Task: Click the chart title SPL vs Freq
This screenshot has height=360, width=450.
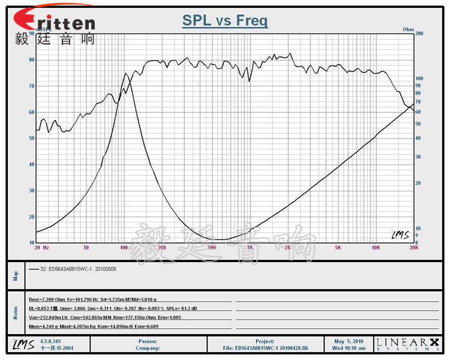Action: pyautogui.click(x=225, y=21)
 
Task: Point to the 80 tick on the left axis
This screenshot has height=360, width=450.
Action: pyautogui.click(x=31, y=60)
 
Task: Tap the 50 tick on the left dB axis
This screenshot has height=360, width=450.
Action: pyautogui.click(x=31, y=138)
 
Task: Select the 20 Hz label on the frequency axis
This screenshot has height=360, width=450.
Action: pyautogui.click(x=41, y=247)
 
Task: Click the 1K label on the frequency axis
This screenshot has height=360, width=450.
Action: pyautogui.click(x=250, y=247)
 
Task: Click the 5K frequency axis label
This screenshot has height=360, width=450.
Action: pyautogui.click(x=338, y=247)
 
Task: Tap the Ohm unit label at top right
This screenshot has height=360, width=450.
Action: pyautogui.click(x=408, y=29)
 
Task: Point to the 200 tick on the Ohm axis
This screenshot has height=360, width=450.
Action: pyautogui.click(x=419, y=34)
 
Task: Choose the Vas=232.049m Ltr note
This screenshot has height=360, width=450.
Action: pyautogui.click(x=50, y=317)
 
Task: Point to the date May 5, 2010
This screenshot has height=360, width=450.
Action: pyautogui.click(x=350, y=341)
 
